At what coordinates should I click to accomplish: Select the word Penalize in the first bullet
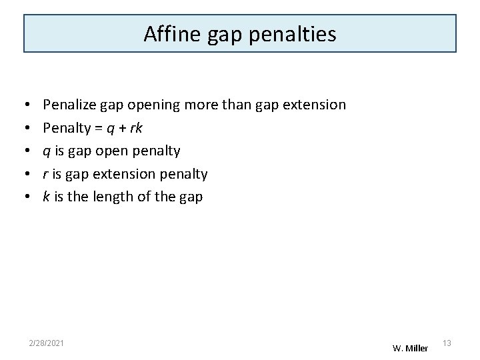69,105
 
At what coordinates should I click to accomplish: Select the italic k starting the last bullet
46,197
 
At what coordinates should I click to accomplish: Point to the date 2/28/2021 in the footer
47,343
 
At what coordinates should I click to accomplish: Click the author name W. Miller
410,348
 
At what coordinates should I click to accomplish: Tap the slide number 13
447,343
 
